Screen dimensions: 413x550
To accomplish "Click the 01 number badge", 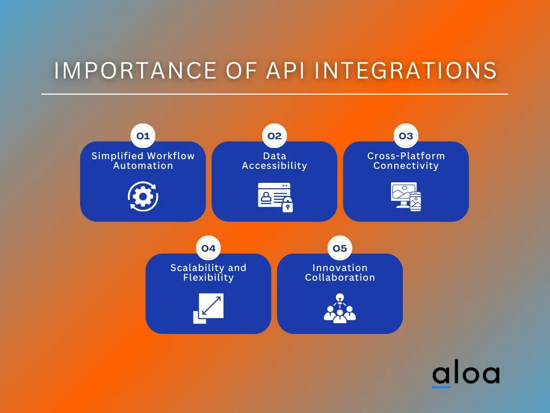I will coord(143,136).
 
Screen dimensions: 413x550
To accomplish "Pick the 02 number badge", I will coord(274,136).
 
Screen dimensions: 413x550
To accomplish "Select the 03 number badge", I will coord(406,136).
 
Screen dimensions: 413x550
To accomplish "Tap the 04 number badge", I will coord(208,248).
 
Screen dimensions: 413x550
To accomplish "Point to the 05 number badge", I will coord(340,248).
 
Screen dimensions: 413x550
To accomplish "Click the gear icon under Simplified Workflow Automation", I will coord(143,197).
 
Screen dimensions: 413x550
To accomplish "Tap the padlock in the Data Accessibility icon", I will coord(288,205).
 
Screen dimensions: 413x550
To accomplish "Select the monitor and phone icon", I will coord(406,197).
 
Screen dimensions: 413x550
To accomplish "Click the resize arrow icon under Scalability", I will coord(208,308).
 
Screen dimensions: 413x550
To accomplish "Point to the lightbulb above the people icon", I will coord(339,297).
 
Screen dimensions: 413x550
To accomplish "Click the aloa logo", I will coord(466,375).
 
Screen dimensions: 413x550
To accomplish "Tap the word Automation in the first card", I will coord(143,166).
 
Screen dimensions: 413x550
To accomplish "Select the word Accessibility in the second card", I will coord(274,166).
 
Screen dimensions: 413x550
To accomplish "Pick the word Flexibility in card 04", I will coord(208,277).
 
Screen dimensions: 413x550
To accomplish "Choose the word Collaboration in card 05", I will coord(340,277).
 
